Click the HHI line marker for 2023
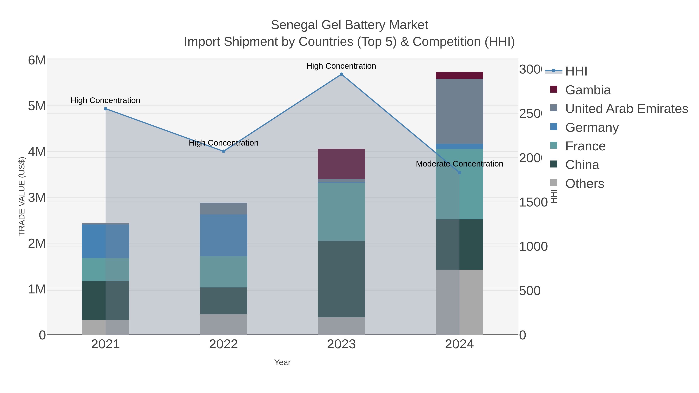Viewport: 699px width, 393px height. tap(341, 74)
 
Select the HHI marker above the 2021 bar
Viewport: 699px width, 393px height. tap(106, 109)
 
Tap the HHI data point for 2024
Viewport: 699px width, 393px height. tap(459, 173)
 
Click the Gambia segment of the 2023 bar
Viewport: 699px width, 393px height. tap(341, 164)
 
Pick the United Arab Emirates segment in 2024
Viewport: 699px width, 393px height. tap(459, 111)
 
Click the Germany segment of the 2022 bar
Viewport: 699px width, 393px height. tap(223, 235)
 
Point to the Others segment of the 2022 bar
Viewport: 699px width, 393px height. tap(223, 324)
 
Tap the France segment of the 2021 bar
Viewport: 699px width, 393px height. tap(106, 269)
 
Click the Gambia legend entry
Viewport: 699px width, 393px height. tap(588, 90)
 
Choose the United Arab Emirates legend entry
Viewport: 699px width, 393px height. tap(626, 109)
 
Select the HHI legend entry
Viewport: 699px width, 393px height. tap(576, 71)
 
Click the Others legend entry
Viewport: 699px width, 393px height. tap(584, 184)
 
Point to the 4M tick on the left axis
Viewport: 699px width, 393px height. tap(37, 152)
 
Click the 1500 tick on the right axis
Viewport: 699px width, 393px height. tap(533, 202)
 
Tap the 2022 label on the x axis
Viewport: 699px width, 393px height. tap(223, 344)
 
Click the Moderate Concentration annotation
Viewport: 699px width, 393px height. tap(459, 164)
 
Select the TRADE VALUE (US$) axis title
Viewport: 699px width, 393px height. tap(22, 196)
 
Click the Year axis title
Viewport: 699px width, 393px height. tap(282, 362)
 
